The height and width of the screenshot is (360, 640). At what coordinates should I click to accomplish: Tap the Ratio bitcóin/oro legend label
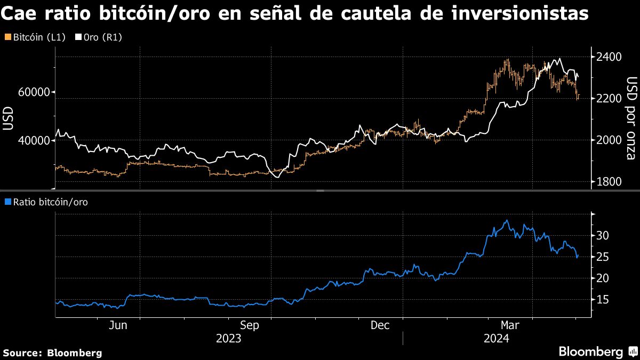click(46, 202)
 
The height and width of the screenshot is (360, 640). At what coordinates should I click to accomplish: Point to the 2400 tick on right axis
click(609, 57)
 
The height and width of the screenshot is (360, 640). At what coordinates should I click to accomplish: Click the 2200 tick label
click(609, 99)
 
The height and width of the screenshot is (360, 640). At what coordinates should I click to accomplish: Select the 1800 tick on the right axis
click(609, 182)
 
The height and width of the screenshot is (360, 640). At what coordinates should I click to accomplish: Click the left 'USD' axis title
click(8, 118)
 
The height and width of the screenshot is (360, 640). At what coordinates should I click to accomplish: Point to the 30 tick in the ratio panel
click(602, 235)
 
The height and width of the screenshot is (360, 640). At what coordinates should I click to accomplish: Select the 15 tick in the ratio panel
click(602, 300)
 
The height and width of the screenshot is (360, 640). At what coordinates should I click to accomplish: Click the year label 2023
click(229, 339)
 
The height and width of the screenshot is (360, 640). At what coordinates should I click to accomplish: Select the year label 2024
click(496, 339)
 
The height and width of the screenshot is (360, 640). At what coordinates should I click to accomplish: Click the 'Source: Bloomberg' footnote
click(52, 353)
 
